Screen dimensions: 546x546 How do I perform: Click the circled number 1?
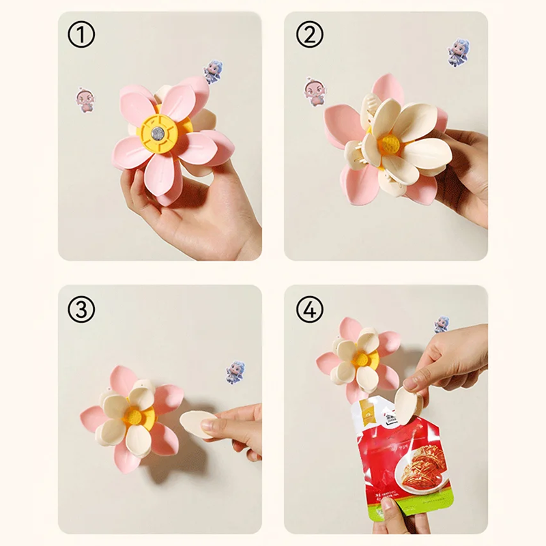(x=81, y=35)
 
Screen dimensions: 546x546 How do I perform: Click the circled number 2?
(x=308, y=35)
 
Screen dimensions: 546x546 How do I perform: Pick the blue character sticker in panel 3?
(x=236, y=372)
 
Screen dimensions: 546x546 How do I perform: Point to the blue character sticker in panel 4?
(x=442, y=324)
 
